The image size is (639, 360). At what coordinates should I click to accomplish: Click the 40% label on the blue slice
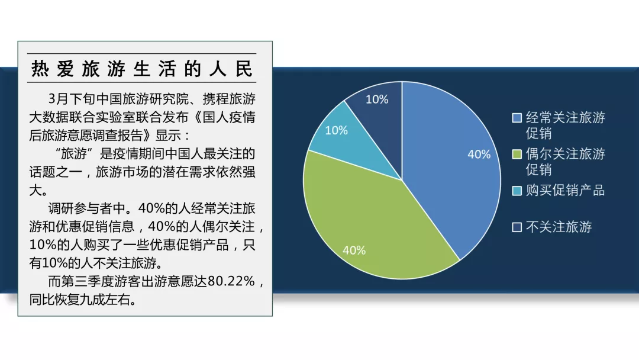point(479,155)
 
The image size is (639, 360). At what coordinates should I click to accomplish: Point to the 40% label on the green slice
point(354,250)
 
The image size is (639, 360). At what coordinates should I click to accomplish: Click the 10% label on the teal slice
point(336,130)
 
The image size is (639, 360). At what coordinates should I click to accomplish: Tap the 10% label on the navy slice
point(377,99)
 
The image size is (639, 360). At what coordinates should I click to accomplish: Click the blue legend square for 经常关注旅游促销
point(517,118)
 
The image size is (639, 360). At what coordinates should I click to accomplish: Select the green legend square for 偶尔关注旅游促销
point(517,154)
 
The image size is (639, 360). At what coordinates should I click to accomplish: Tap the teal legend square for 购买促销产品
point(517,191)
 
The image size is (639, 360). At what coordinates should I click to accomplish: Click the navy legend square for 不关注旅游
point(517,227)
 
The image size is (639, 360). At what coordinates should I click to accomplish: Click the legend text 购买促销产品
point(565,191)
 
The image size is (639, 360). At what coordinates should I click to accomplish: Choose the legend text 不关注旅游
point(559,227)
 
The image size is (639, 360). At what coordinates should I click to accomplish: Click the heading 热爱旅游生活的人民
point(142,69)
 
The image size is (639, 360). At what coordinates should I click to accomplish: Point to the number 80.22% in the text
point(231,281)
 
